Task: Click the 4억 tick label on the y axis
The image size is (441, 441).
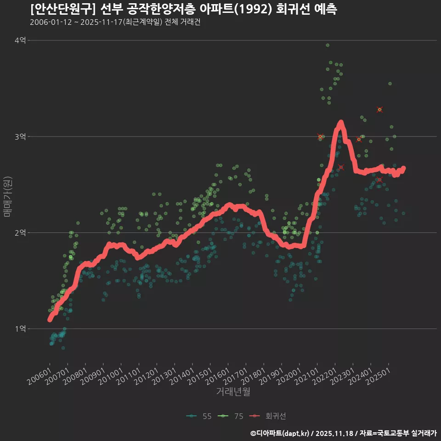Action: pyautogui.click(x=20, y=40)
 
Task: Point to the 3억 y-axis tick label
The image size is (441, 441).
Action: pyautogui.click(x=20, y=136)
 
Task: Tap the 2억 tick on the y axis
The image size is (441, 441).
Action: pyautogui.click(x=20, y=232)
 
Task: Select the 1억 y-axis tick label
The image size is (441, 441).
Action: pyautogui.click(x=20, y=328)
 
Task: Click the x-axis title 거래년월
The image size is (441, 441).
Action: pyautogui.click(x=233, y=392)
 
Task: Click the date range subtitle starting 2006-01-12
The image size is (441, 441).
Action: pyautogui.click(x=115, y=22)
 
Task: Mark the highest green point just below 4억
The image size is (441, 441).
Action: pyautogui.click(x=328, y=45)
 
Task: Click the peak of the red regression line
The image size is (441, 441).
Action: pyautogui.click(x=340, y=123)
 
